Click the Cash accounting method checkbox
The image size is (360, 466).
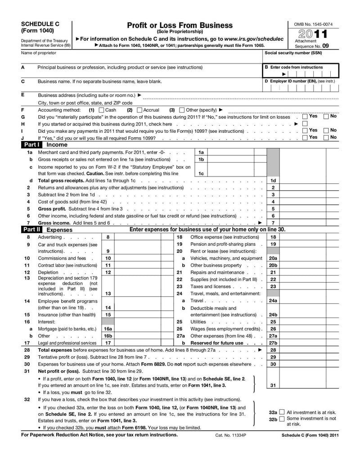101,110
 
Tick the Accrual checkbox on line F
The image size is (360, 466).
139,110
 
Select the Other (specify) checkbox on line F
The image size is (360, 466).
182,110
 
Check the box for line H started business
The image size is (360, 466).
305,123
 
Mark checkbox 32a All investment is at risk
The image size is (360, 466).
282,412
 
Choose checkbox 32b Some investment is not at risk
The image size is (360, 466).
282,419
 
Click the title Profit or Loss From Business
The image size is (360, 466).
180,25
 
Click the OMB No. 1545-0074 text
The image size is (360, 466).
313,24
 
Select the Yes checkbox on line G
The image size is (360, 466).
305,117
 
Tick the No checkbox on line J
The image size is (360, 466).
326,137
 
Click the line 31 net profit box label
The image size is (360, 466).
273,385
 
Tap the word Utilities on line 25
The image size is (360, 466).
198,322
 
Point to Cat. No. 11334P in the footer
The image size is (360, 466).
228,435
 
